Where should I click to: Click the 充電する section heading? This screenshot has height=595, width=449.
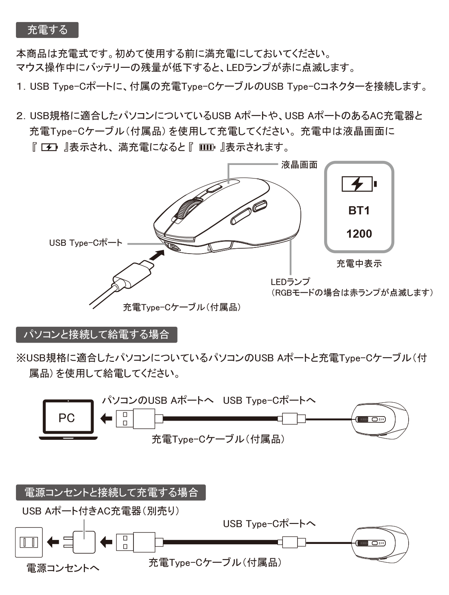tap(47, 30)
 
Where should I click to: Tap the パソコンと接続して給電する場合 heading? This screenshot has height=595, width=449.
tap(96, 334)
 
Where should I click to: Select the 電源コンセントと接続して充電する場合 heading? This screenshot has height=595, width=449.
tap(111, 492)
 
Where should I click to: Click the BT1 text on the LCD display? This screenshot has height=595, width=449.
tap(359, 211)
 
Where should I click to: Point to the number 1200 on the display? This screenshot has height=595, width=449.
tap(359, 234)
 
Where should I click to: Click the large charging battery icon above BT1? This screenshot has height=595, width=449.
tap(359, 184)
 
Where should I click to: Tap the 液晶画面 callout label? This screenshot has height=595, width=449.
tap(299, 165)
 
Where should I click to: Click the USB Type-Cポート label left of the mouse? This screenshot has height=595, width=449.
tap(86, 243)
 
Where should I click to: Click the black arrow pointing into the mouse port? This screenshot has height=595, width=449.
tap(157, 255)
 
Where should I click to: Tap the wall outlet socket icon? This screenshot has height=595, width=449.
tap(29, 542)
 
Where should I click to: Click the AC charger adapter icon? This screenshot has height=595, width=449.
tap(80, 542)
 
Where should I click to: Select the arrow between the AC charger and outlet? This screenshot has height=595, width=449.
tap(53, 542)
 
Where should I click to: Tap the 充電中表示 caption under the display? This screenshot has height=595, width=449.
tap(359, 263)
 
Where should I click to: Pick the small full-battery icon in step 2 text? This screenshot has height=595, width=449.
tap(207, 147)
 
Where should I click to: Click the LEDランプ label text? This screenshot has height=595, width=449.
tap(290, 282)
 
